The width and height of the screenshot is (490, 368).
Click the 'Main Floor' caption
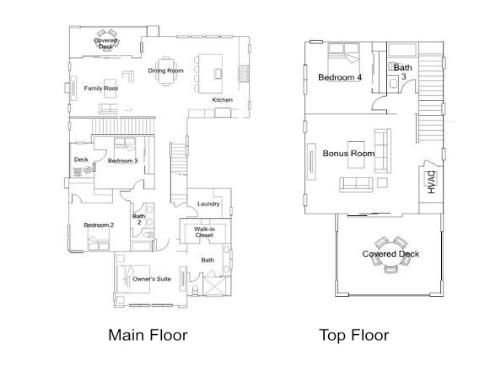147,335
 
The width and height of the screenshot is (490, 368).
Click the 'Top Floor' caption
354,335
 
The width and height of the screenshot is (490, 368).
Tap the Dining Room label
166,71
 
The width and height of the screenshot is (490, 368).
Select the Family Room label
100,88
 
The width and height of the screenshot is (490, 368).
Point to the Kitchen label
222,100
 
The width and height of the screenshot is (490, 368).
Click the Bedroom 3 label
122,160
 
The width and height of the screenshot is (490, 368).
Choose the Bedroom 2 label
98,225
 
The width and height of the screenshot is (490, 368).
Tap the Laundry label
208,204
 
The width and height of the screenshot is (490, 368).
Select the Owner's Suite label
151,279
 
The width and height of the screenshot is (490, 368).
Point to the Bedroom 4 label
340,77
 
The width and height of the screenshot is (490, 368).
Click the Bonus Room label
348,153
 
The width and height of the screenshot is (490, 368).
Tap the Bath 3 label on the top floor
401,71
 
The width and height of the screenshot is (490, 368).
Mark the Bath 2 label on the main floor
139,218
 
